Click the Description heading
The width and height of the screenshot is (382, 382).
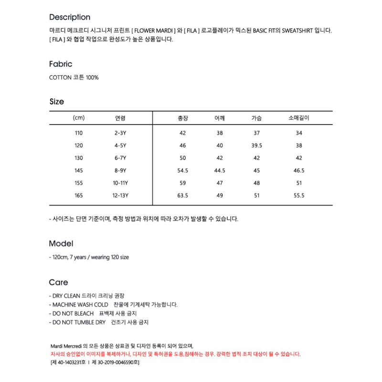[x=70, y=17]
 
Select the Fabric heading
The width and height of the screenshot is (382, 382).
[x=61, y=64]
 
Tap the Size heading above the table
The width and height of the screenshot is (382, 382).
[x=57, y=102]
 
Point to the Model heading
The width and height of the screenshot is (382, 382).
[x=61, y=244]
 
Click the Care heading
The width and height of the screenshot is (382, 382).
[x=58, y=282]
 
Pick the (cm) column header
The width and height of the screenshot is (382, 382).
[x=79, y=118]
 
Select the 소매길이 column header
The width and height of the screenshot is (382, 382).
[x=299, y=118]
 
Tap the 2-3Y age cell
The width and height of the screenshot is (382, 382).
[x=120, y=133]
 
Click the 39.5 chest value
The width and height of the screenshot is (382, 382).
[x=257, y=146]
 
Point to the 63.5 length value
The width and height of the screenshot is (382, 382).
[x=182, y=195]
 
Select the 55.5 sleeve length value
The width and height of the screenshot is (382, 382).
[x=299, y=195]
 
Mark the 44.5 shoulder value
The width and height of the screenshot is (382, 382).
[x=220, y=170]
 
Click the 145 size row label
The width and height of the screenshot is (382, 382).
[x=79, y=170]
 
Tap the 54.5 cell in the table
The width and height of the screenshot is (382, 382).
[x=182, y=170]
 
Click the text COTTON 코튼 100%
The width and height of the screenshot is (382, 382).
[x=74, y=77]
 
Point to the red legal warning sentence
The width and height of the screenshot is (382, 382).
[x=175, y=354]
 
